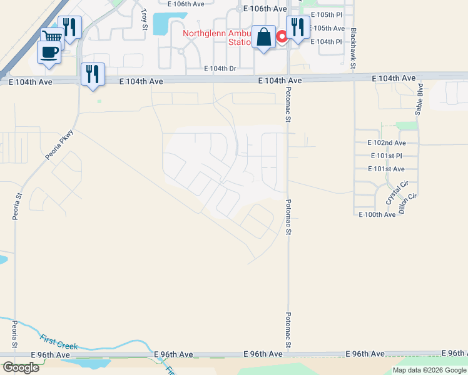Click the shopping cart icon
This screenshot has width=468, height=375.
coord(52,37)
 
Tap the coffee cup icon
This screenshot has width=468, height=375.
coord(49,52)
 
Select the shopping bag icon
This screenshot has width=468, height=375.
coord(264,37)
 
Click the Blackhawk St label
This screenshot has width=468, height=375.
coord(354,47)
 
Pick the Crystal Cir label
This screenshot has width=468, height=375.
coord(392,193)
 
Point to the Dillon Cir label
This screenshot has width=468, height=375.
coord(407,204)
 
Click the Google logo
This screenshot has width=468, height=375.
coord(20,367)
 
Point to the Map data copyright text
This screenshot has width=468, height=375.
coord(429,370)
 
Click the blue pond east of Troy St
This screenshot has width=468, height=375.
coord(161,24)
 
